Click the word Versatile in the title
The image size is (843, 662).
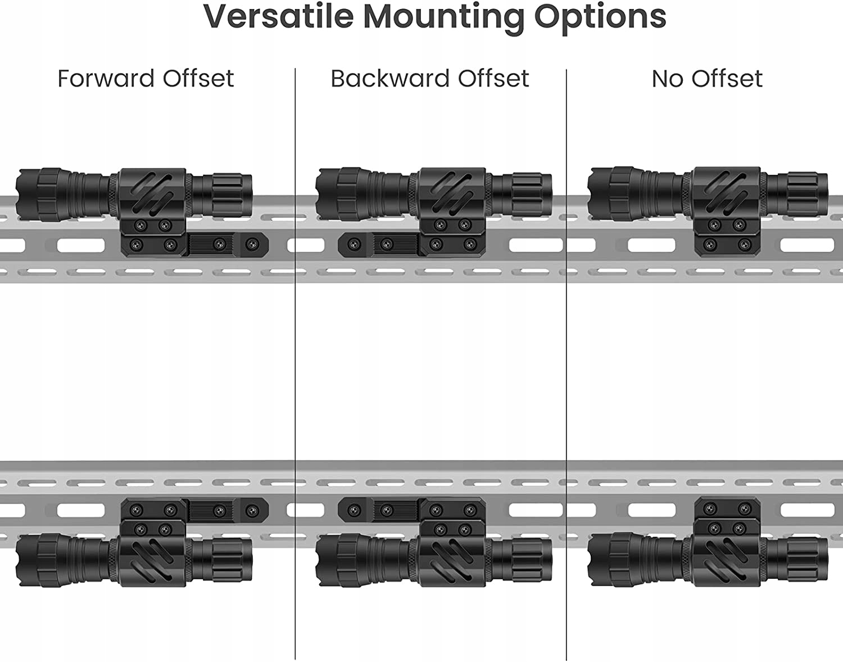tap(278, 17)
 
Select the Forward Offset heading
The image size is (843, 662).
tap(146, 79)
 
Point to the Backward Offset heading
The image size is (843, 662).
tap(429, 79)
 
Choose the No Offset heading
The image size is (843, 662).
tap(706, 79)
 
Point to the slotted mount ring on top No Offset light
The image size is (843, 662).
tap(726, 192)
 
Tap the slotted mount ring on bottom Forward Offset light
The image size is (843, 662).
tap(152, 561)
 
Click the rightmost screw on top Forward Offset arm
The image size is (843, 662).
tap(251, 244)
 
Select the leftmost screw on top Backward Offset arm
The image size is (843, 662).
tap(354, 244)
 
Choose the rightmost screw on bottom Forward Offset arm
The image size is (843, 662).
tap(251, 510)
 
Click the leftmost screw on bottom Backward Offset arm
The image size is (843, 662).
tap(354, 510)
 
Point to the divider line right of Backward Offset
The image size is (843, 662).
tap(566, 365)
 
